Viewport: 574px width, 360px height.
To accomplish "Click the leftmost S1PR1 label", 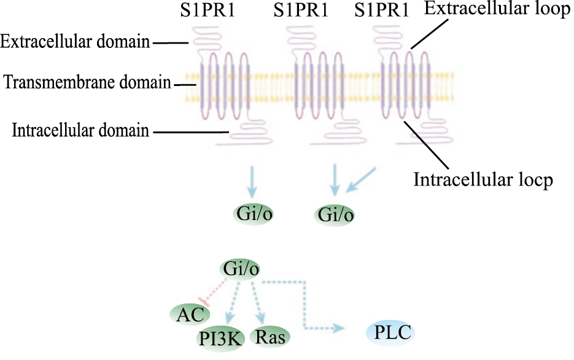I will coord(217,10).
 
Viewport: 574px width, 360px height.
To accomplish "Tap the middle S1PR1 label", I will coord(300,10).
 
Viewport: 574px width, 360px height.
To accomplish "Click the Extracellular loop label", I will coord(497,10).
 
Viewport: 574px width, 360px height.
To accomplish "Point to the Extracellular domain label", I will coord(75,42).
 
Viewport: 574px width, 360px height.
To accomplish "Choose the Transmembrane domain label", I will coord(87,82).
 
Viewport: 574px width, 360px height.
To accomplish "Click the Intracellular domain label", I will coord(80,130).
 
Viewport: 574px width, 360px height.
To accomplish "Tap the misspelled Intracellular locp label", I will coord(484,180).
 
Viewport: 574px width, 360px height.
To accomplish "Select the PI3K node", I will coord(219,337).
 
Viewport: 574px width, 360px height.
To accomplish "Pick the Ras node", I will coord(270,337).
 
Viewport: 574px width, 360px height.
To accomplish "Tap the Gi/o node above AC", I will coord(239,268).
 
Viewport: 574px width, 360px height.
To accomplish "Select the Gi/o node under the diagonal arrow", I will coord(335,215).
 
